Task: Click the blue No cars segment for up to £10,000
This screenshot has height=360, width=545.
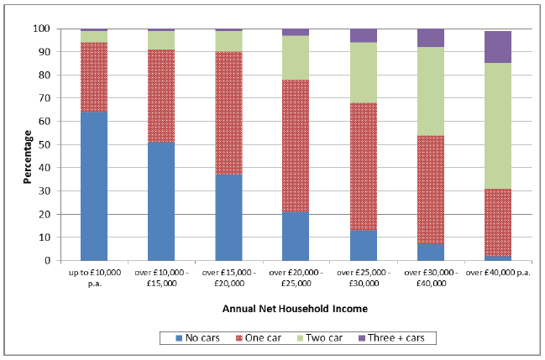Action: pos(94,186)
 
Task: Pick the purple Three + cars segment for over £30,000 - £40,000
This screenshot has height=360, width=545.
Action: pos(431,38)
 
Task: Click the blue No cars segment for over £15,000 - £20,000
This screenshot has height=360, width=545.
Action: pos(228,217)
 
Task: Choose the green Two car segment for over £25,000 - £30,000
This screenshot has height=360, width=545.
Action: pos(363,73)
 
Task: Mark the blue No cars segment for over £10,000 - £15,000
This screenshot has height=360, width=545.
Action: pos(161,201)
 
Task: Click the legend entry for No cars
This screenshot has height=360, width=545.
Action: pos(199,337)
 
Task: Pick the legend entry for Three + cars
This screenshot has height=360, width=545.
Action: pos(387,337)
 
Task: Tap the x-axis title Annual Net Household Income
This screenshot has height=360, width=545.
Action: pos(295,309)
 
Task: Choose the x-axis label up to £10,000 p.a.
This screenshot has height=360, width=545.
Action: pos(94,277)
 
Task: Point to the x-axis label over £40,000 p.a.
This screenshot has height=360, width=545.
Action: pos(498,273)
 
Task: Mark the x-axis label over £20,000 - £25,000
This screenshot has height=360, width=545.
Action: pos(296,277)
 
